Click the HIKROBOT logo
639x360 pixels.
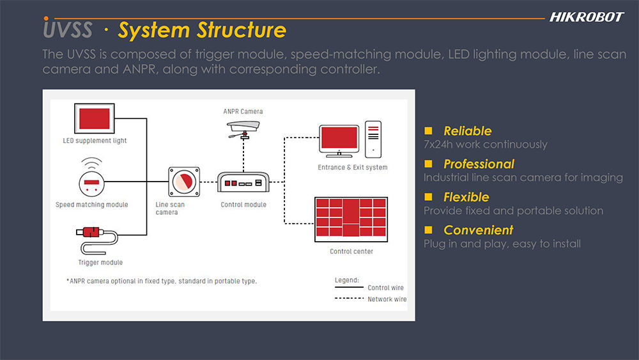(x=587, y=17)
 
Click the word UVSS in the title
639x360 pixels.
(x=68, y=29)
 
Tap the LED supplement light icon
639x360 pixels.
(x=94, y=119)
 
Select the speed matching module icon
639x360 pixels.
(x=91, y=180)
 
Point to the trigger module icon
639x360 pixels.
(x=97, y=240)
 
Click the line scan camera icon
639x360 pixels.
(x=184, y=182)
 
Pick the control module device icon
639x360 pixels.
(x=243, y=182)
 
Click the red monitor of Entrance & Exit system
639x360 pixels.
(x=339, y=141)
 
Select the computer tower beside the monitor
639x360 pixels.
(x=373, y=139)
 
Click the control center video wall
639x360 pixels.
(x=351, y=219)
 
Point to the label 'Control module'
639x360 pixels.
(x=243, y=205)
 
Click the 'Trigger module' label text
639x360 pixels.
(x=100, y=263)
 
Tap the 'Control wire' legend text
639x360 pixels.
(x=385, y=288)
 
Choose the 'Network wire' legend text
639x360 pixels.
(x=387, y=299)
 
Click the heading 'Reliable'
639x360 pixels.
(x=468, y=131)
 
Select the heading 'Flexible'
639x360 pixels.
(x=466, y=197)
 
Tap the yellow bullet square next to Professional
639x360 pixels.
(x=428, y=164)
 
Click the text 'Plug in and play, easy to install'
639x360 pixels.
(x=502, y=244)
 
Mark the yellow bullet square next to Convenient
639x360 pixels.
(x=428, y=230)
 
